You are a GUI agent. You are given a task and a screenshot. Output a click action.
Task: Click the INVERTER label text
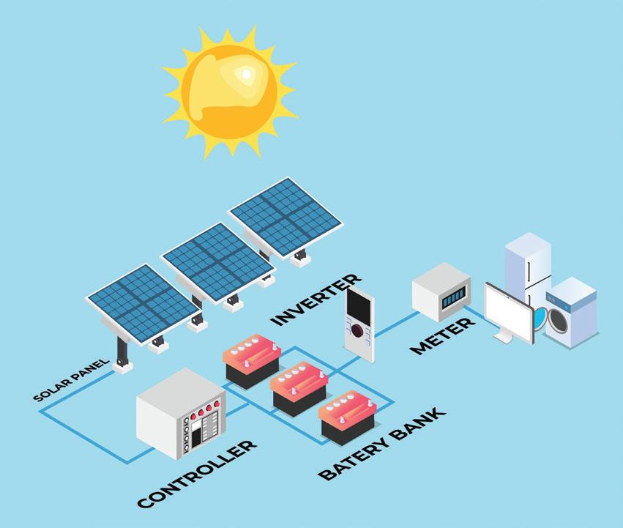tap(316, 300)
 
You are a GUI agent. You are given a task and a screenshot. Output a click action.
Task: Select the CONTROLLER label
tap(197, 475)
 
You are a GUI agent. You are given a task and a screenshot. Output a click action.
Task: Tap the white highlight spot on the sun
tap(247, 73)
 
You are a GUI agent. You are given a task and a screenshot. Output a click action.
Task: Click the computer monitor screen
tap(508, 311)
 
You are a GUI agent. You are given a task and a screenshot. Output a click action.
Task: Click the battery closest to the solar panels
tap(251, 359)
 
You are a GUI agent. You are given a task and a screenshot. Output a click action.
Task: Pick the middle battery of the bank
tap(298, 388)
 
